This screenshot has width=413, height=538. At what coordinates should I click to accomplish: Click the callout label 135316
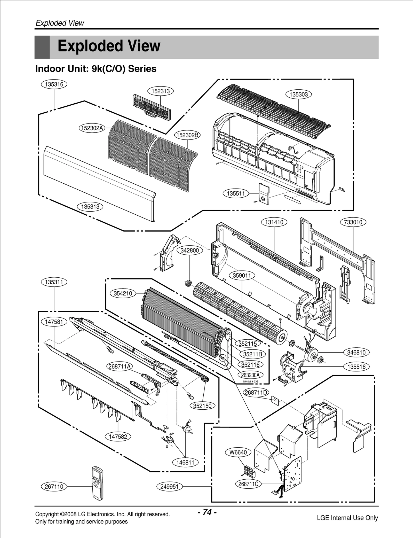54,84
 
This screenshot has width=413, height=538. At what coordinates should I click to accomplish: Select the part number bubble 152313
160,91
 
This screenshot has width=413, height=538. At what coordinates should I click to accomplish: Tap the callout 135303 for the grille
299,95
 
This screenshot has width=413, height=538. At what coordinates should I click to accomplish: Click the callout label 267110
54,487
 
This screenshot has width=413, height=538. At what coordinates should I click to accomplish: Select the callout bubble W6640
238,452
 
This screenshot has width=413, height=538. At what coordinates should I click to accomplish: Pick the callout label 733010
353,222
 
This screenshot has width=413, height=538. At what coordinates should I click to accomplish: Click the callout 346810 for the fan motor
356,352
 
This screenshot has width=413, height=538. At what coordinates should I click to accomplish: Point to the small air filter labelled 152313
152,107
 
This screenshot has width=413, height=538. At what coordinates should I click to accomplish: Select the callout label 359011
242,276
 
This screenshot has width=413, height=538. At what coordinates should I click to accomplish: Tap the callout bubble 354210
123,293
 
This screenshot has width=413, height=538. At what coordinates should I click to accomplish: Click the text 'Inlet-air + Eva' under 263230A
250,381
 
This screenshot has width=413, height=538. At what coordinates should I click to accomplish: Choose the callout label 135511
236,193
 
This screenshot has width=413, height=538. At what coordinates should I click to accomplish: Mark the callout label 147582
118,436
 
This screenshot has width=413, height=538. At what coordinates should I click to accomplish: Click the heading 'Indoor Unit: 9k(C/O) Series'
96,69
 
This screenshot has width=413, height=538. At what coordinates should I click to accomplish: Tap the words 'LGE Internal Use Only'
347,518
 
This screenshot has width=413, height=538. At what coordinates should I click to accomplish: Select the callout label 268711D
256,393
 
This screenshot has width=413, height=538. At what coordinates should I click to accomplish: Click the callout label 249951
170,487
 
